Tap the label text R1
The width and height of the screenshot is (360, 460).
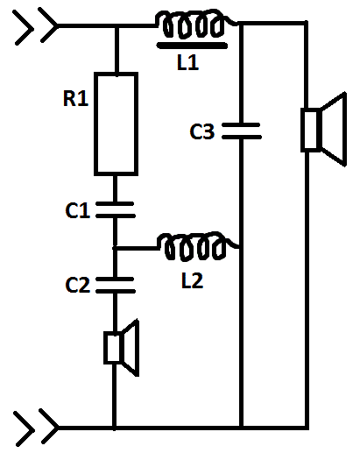(75, 98)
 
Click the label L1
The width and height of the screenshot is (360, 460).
(188, 62)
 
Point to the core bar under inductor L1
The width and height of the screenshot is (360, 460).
(193, 46)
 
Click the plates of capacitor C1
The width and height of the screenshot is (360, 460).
(116, 209)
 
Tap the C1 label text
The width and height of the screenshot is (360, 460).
(77, 210)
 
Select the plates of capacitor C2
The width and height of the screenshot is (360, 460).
(116, 285)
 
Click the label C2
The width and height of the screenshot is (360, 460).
(77, 285)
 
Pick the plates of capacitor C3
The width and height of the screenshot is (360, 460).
(241, 131)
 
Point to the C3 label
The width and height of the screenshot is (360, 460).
(202, 131)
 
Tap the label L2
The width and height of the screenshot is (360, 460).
(192, 280)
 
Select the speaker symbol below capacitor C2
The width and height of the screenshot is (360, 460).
(122, 348)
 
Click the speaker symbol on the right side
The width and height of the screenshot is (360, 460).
(323, 130)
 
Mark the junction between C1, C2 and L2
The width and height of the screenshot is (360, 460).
(115, 248)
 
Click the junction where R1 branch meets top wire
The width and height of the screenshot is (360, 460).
(116, 26)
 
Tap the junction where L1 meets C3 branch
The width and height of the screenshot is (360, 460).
(241, 24)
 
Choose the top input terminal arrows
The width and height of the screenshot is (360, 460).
(36, 25)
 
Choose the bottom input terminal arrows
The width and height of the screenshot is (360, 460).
(36, 428)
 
